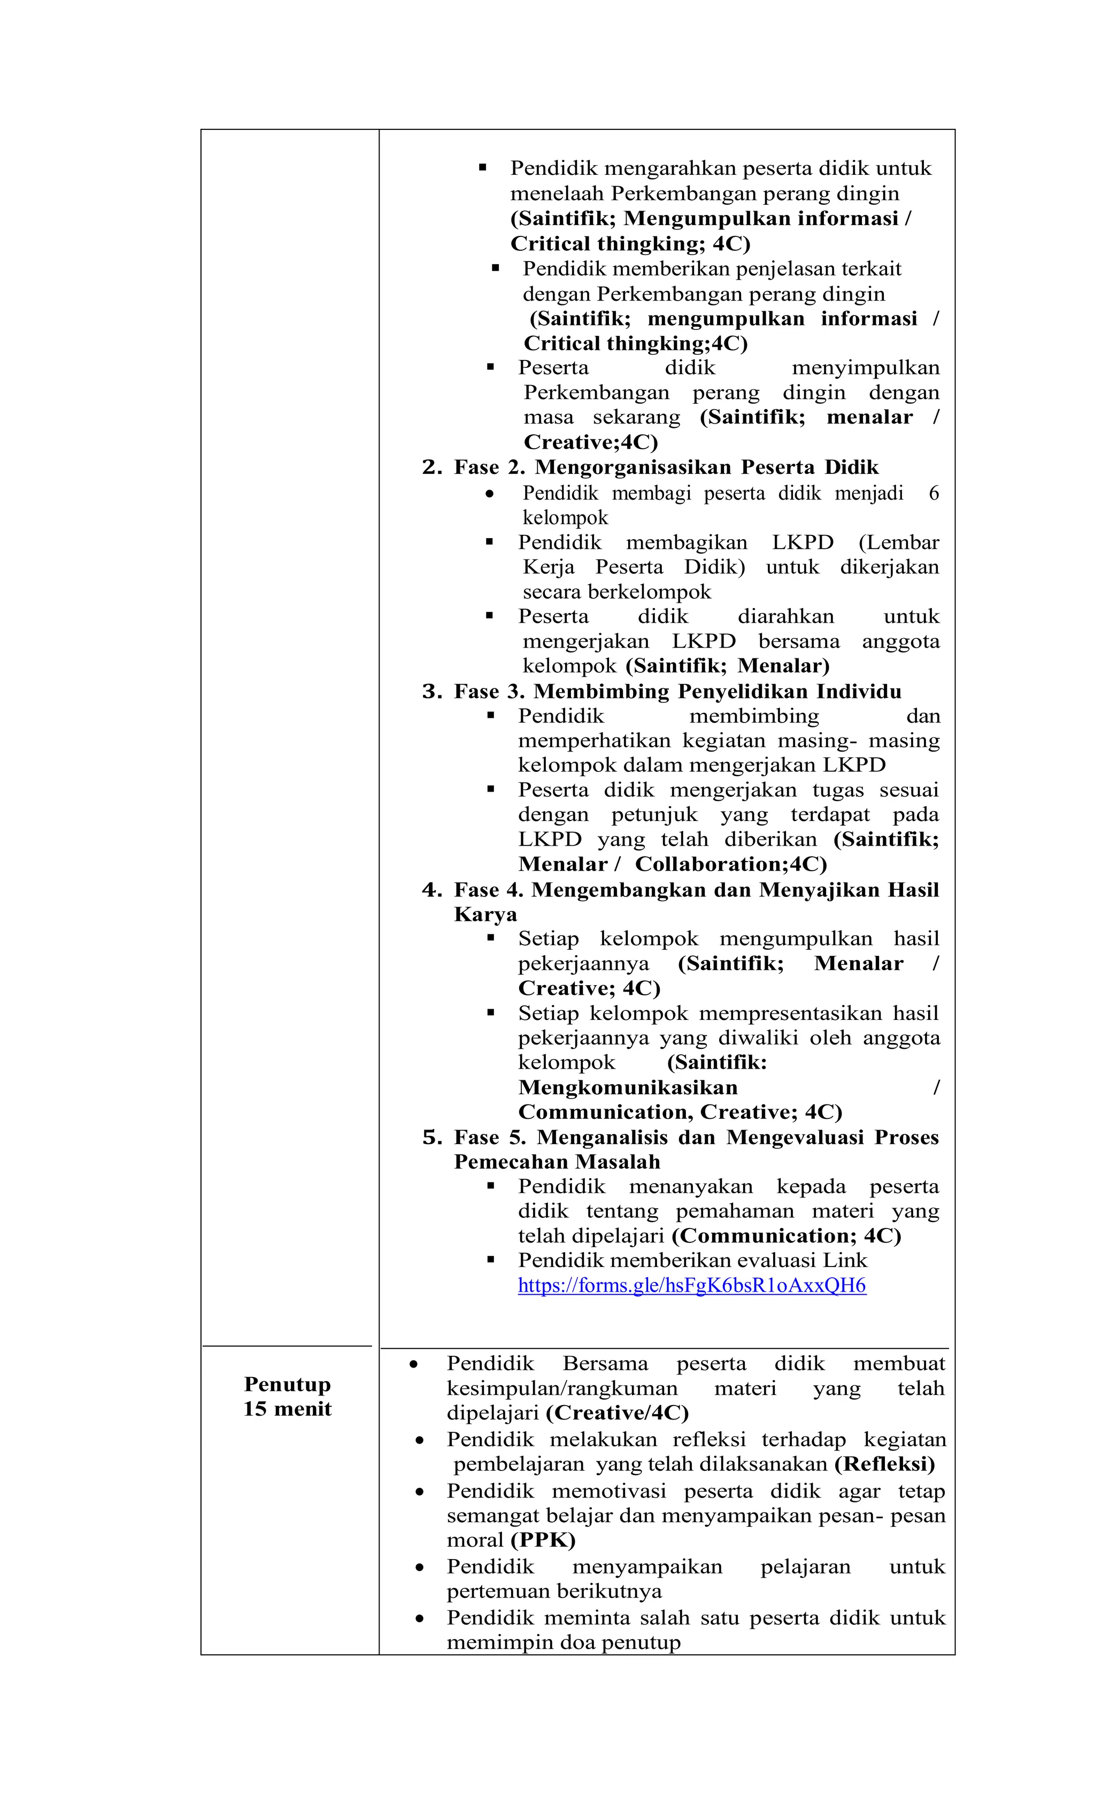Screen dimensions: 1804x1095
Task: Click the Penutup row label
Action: pyautogui.click(x=287, y=1384)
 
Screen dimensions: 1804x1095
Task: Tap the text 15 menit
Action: pyautogui.click(x=287, y=1409)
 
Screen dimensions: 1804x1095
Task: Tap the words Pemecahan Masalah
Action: pyautogui.click(x=556, y=1162)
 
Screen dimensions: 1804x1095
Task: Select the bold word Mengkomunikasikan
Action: pyautogui.click(x=627, y=1087)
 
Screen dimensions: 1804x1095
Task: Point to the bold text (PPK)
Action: pyautogui.click(x=543, y=1540)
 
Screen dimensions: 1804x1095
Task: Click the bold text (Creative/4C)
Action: pyautogui.click(x=617, y=1413)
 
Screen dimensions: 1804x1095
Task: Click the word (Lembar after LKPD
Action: pyautogui.click(x=898, y=542)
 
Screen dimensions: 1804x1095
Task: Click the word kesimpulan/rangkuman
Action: pyautogui.click(x=561, y=1388)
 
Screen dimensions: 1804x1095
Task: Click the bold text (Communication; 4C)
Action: pyautogui.click(x=786, y=1236)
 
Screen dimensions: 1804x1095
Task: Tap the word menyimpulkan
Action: pyautogui.click(x=865, y=367)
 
